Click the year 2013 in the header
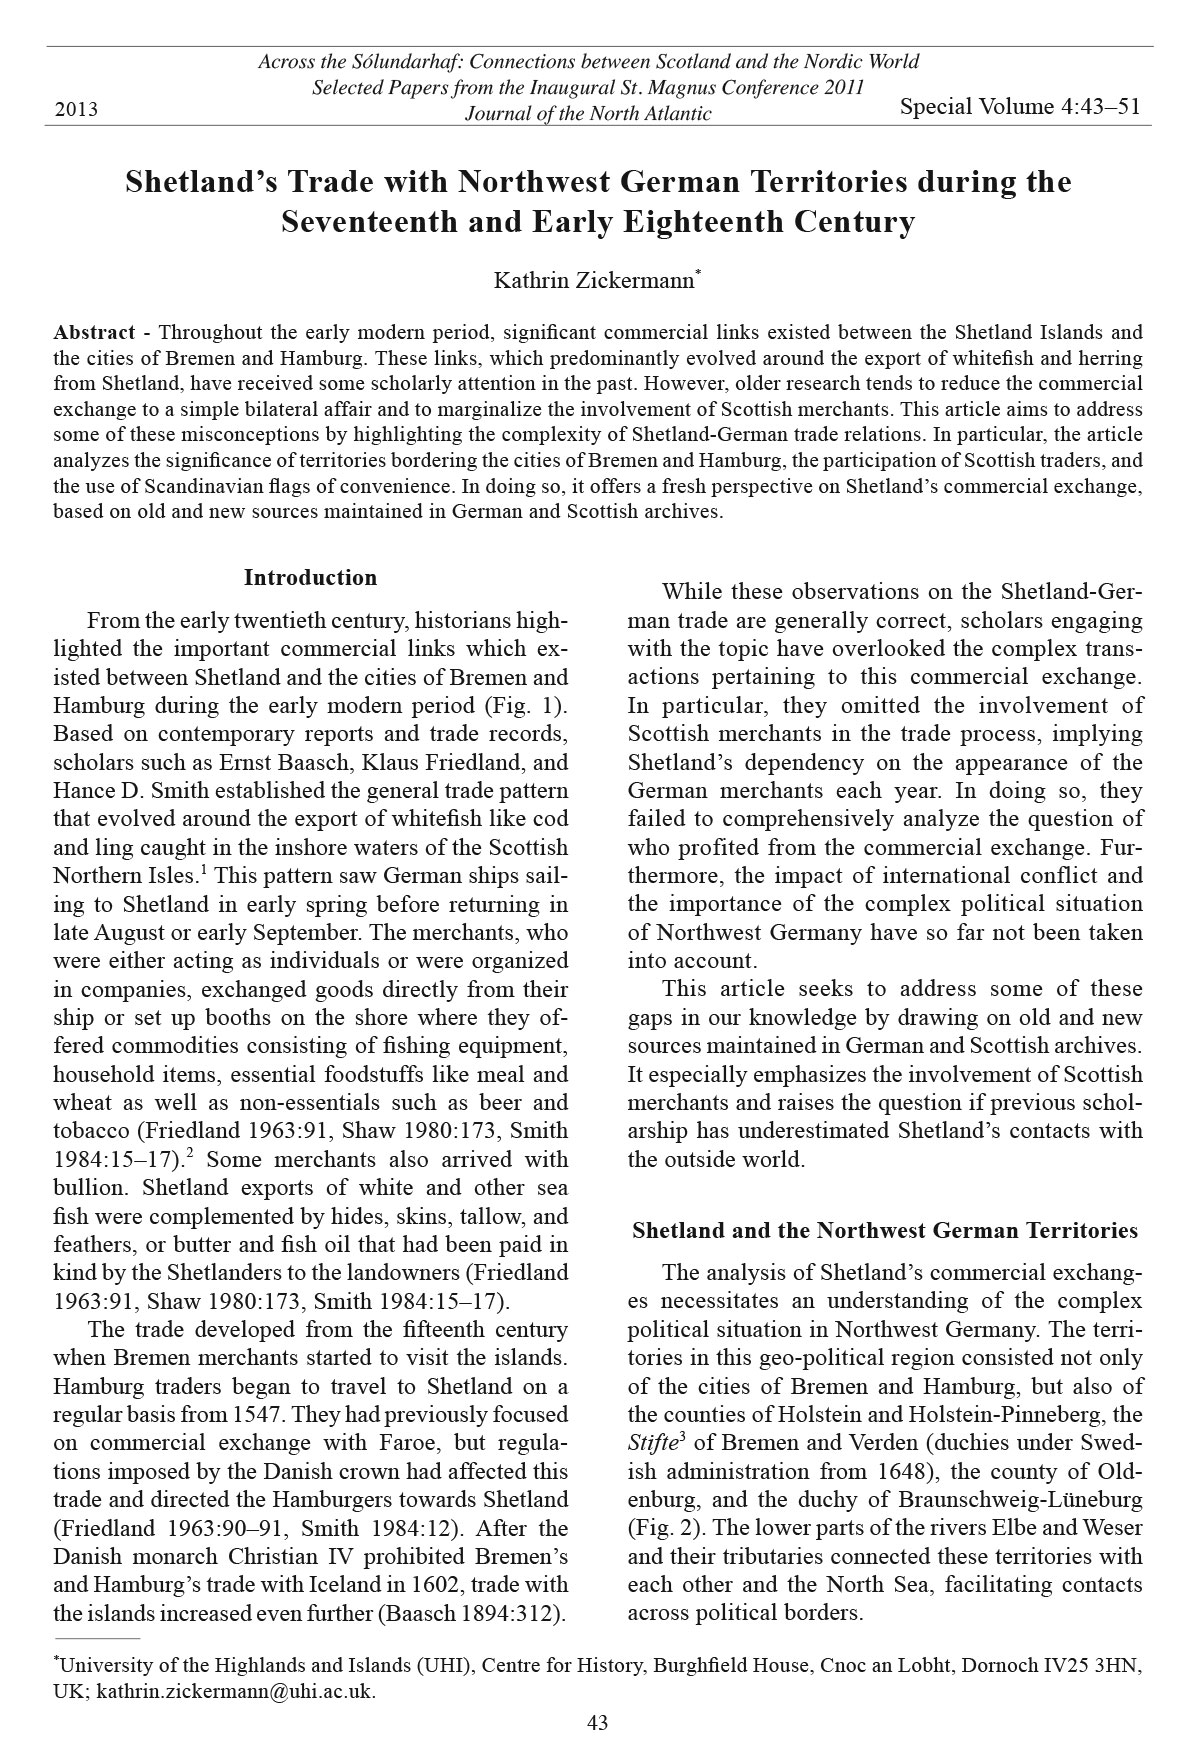click(76, 109)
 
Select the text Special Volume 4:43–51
click(1020, 107)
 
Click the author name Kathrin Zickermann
click(594, 281)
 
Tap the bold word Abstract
click(94, 332)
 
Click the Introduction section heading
click(310, 578)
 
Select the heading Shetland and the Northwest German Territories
click(885, 1230)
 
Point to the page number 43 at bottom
click(597, 1722)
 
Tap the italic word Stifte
click(650, 1444)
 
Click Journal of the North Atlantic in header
click(588, 114)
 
